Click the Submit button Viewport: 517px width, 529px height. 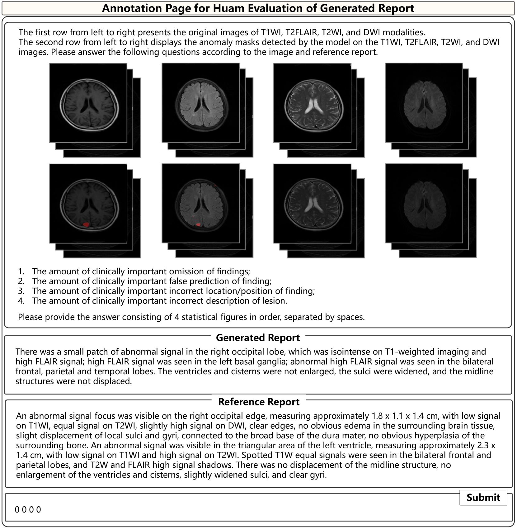point(483,497)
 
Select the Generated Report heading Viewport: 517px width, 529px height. point(258,338)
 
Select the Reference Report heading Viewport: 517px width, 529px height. point(259,402)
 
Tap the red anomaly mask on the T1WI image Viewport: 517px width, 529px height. point(86,224)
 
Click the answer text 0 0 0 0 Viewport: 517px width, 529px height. point(28,510)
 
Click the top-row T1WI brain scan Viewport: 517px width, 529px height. point(88,103)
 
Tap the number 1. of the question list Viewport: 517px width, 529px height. point(21,271)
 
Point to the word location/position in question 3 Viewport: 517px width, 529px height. point(252,291)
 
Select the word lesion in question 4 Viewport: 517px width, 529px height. point(274,301)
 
